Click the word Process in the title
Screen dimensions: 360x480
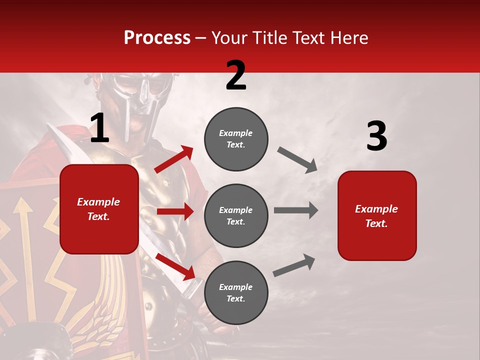[157, 37]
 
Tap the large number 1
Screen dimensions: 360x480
[99, 128]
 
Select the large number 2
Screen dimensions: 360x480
[236, 75]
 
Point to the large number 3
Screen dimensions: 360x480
[376, 136]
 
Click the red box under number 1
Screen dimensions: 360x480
[99, 209]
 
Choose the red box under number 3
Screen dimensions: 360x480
[377, 215]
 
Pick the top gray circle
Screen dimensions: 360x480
[236, 139]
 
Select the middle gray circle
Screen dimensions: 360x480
[236, 215]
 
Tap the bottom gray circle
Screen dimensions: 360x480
[236, 292]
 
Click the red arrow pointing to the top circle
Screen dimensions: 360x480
[174, 159]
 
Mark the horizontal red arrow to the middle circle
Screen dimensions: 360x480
[175, 211]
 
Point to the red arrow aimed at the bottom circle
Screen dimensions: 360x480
[175, 265]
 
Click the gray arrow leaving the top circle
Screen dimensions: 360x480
[297, 159]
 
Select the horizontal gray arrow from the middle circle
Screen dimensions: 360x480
[295, 210]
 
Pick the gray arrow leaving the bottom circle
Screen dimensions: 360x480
[294, 265]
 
